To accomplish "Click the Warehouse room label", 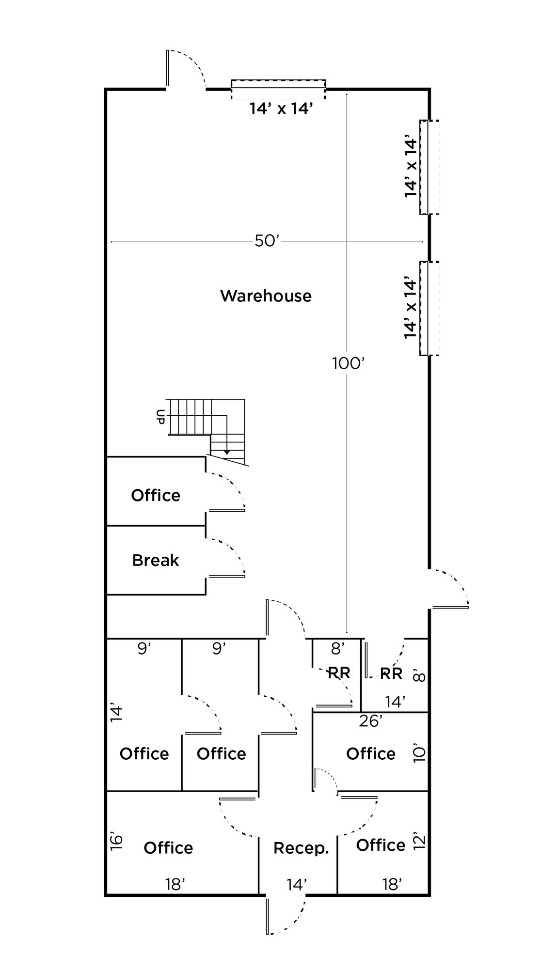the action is pos(266,296).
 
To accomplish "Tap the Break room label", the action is pos(156,560).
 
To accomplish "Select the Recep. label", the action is pos(301,848).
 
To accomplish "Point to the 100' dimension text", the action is pos(348,363).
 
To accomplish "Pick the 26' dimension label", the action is pos(370,721).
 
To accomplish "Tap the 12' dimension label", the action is pos(419,841).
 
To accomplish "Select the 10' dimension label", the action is pos(419,754).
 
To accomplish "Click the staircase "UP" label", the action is pos(160,417).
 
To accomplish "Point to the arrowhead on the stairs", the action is pos(227,452).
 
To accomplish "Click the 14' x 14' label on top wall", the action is pos(280,109).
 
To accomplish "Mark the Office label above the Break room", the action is pos(156,495).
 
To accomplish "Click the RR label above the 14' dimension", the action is pos(391,673).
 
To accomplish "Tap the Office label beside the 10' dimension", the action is pos(371,753).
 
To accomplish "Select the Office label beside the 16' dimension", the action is pos(168,847).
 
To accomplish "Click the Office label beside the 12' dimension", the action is pos(381,845).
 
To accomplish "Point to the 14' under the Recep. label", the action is pos(296,885).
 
